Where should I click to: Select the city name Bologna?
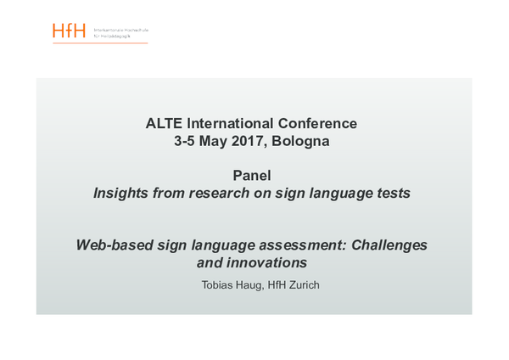click(302, 142)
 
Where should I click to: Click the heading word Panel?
click(252, 176)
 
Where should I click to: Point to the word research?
click(222, 194)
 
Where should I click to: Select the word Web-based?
click(114, 245)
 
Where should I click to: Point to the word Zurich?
click(303, 285)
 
